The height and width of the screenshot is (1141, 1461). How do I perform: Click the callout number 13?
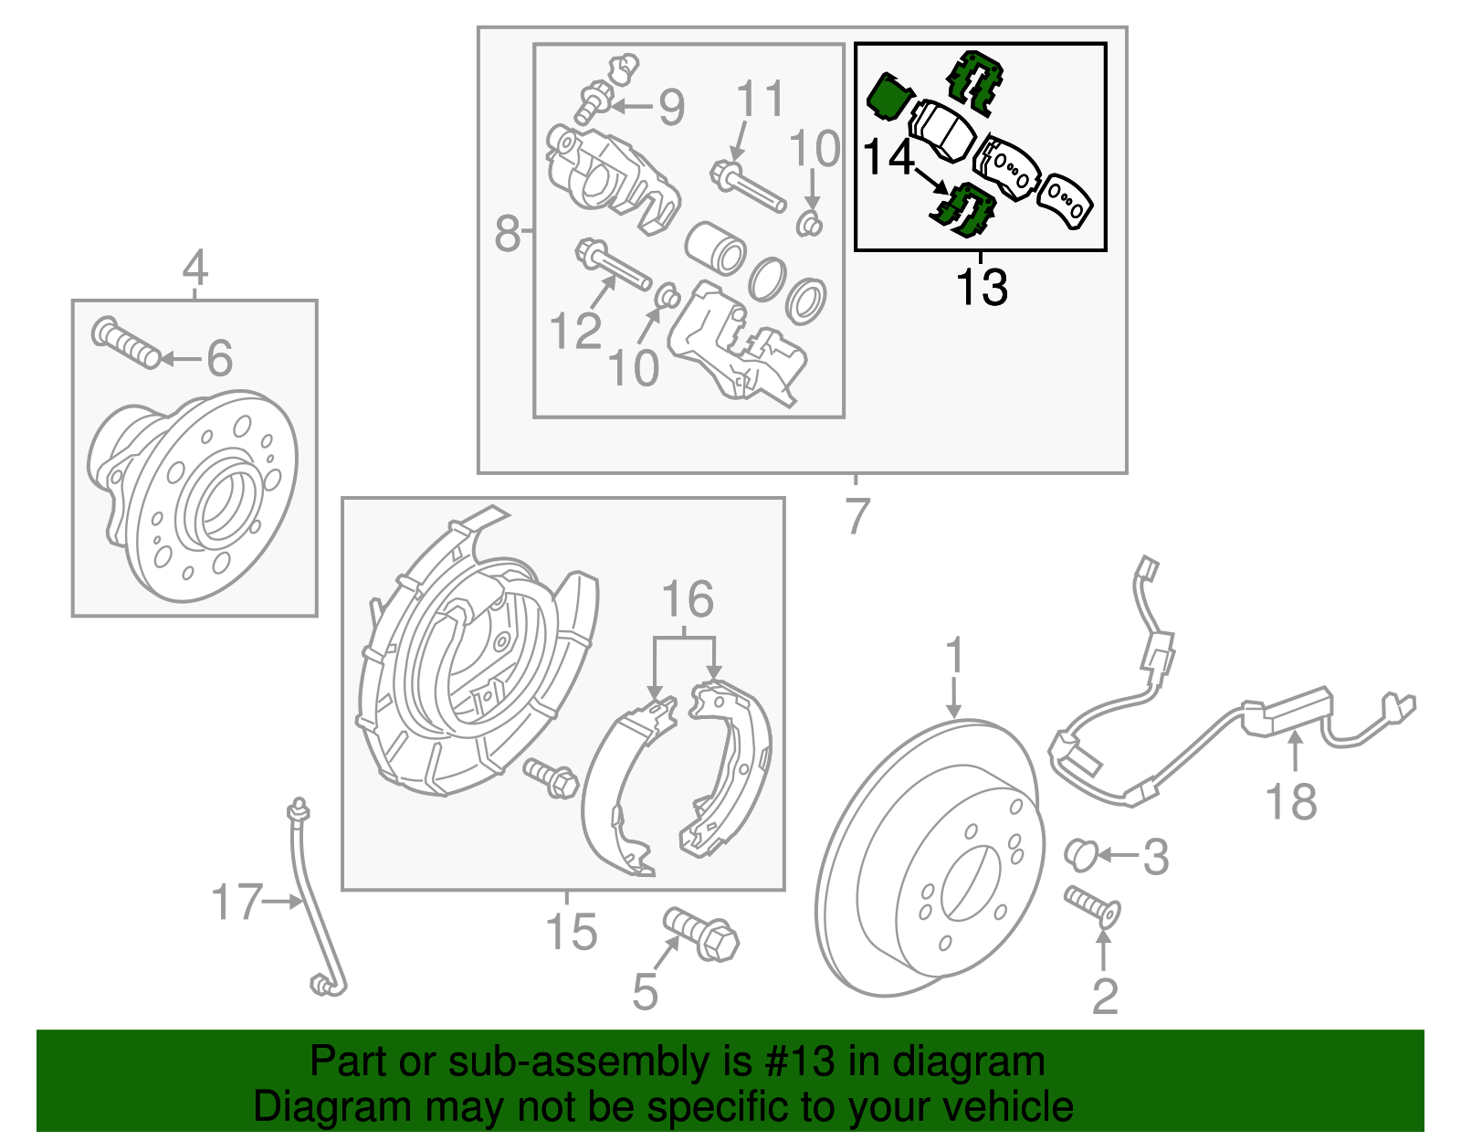(982, 287)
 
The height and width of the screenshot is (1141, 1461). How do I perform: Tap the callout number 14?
(888, 157)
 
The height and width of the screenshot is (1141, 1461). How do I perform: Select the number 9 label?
(672, 108)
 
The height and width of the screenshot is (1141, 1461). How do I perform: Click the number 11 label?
(760, 99)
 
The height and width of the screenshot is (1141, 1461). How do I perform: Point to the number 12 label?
(575, 331)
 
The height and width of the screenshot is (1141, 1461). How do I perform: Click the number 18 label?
(1291, 802)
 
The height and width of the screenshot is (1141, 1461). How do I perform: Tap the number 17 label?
(236, 902)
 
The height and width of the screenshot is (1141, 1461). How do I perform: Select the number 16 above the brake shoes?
(687, 600)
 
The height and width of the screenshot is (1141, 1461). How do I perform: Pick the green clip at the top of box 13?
(974, 80)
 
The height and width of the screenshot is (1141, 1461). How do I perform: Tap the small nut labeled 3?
(1080, 853)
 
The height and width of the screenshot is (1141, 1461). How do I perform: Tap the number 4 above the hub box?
(194, 269)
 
